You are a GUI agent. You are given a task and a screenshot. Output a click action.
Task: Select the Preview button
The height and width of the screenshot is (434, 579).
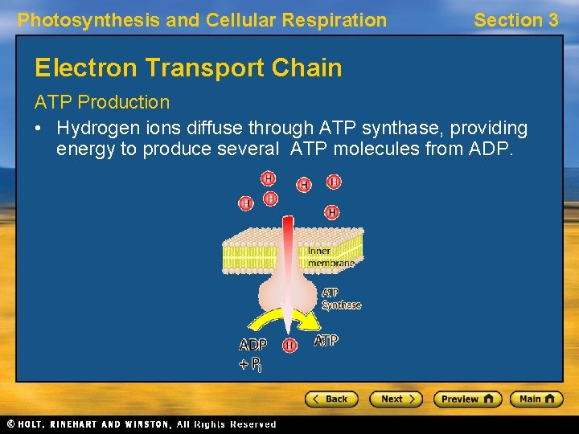(467, 399)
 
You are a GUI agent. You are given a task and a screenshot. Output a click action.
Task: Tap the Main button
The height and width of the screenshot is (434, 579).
(535, 399)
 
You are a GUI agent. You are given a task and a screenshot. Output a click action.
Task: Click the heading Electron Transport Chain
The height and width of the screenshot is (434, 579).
(188, 68)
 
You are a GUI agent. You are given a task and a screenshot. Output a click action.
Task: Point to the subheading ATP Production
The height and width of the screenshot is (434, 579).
(101, 102)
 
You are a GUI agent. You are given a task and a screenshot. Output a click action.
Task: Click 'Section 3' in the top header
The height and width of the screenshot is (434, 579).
(515, 20)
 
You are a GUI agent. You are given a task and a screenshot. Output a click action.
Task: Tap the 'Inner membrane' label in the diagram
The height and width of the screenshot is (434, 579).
(330, 257)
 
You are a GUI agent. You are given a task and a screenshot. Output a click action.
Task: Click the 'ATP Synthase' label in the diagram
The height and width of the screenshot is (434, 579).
(341, 299)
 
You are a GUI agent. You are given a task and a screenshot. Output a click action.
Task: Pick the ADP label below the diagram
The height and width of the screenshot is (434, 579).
(253, 344)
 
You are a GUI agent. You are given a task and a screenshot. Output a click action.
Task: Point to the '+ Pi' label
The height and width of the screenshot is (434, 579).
(250, 364)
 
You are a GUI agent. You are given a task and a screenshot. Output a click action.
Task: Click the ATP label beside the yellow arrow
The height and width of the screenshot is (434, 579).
(326, 341)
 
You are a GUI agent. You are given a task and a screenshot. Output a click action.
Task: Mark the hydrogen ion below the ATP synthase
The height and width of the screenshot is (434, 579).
(290, 345)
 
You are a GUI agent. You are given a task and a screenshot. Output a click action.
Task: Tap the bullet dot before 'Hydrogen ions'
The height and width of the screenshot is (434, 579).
(39, 129)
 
